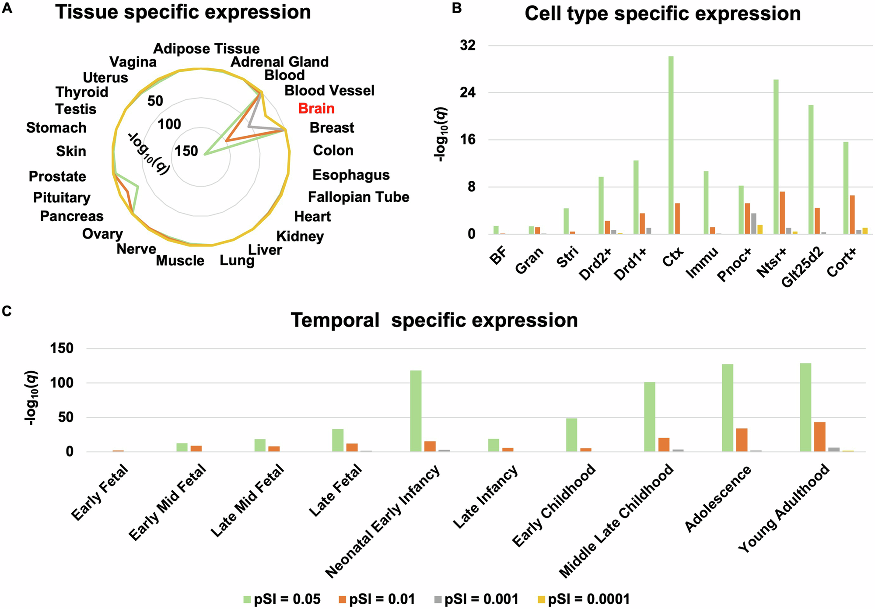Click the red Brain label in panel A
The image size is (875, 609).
click(x=316, y=109)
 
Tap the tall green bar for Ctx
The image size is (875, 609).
click(x=671, y=145)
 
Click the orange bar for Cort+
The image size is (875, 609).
click(x=852, y=215)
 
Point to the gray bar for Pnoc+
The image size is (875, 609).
click(x=754, y=224)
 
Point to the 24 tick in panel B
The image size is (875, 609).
click(x=468, y=93)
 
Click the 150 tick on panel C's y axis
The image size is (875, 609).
click(x=63, y=349)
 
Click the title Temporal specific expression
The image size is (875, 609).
click(x=434, y=320)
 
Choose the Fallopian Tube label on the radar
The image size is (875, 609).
click(x=358, y=197)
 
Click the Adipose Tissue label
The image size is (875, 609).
click(x=206, y=49)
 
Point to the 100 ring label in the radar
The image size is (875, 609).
click(x=169, y=124)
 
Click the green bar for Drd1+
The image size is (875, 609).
click(x=636, y=197)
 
